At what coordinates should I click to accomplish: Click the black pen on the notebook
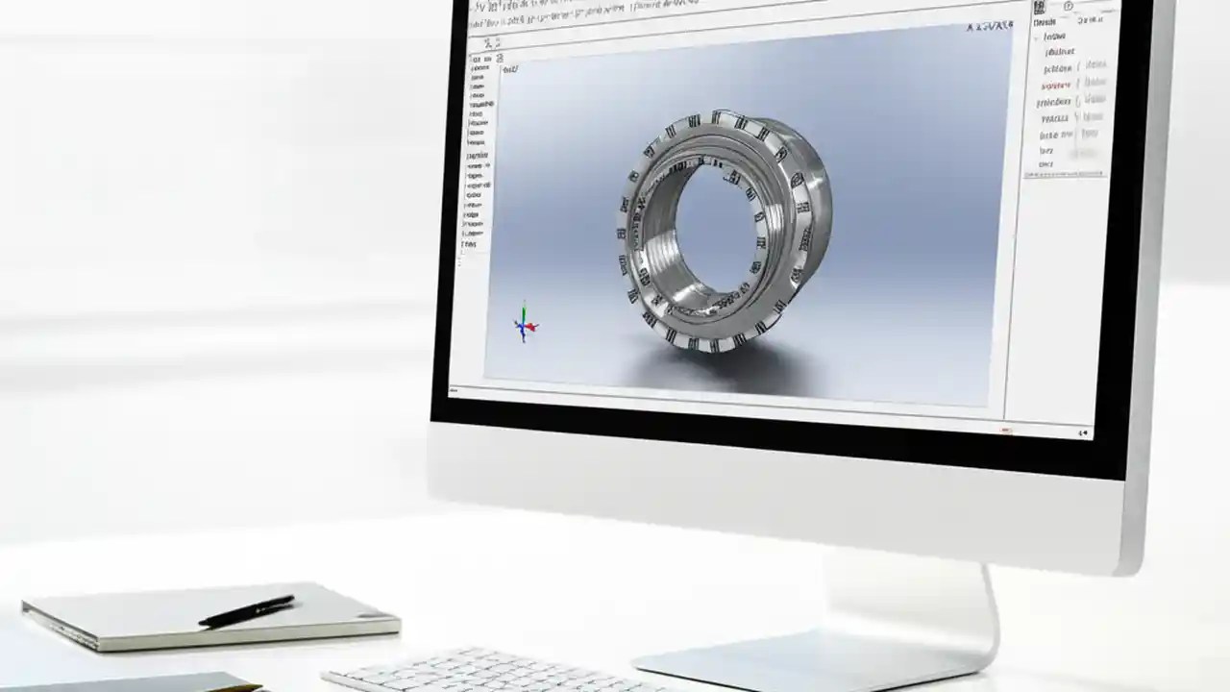coord(246,610)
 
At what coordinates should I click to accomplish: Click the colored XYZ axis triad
coord(525,325)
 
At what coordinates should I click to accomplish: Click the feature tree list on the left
coord(477,154)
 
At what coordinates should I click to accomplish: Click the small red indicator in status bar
coord(1005,430)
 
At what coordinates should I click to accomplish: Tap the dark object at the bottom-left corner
coord(125,682)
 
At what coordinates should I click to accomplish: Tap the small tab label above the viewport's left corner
coord(510,68)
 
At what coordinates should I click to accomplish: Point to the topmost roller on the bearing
coord(716,118)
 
